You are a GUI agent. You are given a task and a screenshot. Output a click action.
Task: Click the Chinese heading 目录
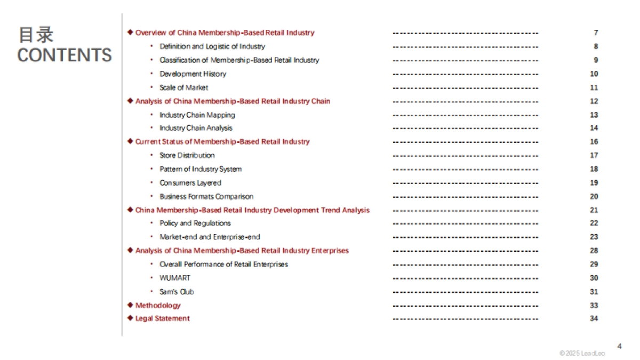[36, 35]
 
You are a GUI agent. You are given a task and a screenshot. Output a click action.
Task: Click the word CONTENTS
[65, 55]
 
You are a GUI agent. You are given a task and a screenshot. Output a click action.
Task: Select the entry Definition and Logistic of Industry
[212, 46]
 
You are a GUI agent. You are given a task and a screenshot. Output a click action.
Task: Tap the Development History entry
[193, 74]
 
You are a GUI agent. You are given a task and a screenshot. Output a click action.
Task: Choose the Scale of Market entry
[183, 87]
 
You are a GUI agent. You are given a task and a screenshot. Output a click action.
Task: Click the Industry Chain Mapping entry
[197, 115]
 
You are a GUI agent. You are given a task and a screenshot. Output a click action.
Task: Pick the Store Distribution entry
[187, 155]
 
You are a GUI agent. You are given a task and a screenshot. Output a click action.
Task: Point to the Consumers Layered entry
[190, 183]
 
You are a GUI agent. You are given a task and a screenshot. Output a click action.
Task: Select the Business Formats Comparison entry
[206, 196]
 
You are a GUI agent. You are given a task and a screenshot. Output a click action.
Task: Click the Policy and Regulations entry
[195, 223]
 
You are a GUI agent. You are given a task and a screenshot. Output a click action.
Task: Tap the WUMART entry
[174, 278]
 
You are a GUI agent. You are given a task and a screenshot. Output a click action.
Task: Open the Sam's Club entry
[177, 292]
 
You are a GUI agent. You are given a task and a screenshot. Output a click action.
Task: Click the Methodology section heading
[158, 306]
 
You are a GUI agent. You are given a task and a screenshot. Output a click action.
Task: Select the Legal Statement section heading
[162, 318]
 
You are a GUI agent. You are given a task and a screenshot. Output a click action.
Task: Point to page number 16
[594, 142]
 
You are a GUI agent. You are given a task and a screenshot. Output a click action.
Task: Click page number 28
[594, 251]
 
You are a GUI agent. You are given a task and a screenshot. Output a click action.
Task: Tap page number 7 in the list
[596, 33]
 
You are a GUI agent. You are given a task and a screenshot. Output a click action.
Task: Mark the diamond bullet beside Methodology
[130, 305]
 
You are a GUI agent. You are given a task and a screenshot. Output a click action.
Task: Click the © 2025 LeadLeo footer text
[582, 354]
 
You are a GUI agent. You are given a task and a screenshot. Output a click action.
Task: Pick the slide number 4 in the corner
[619, 346]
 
